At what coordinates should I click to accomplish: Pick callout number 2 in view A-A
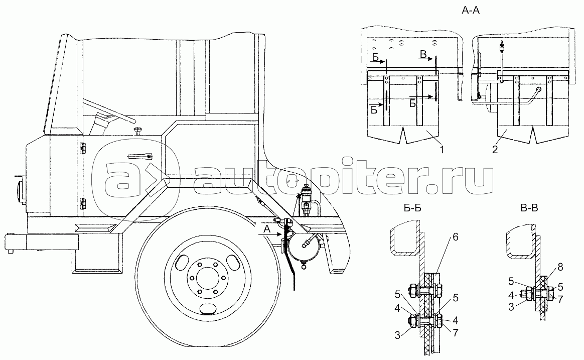pyautogui.click(x=495, y=149)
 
